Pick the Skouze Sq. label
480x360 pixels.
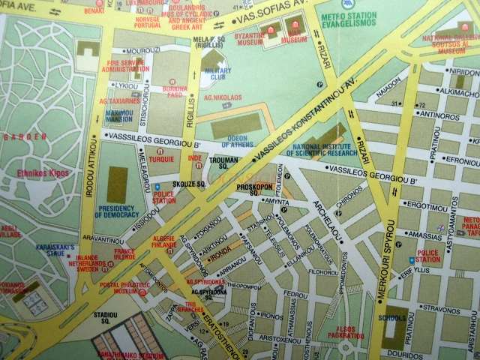click(x=188, y=183)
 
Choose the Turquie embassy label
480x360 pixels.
click(x=160, y=159)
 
